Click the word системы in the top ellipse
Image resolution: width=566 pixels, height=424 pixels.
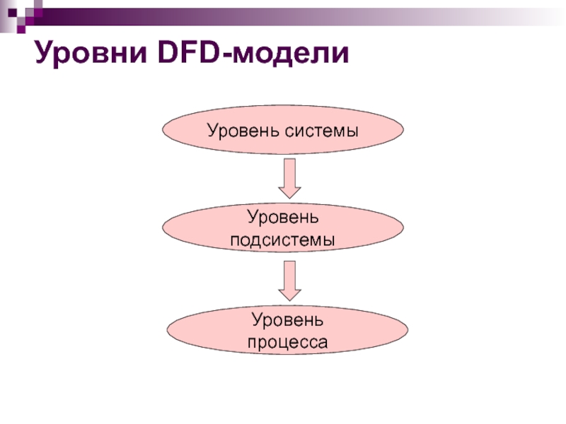tap(324, 130)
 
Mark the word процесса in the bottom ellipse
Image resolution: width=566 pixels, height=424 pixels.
tap(287, 343)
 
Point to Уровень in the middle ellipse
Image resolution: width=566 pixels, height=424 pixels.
tap(283, 216)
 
